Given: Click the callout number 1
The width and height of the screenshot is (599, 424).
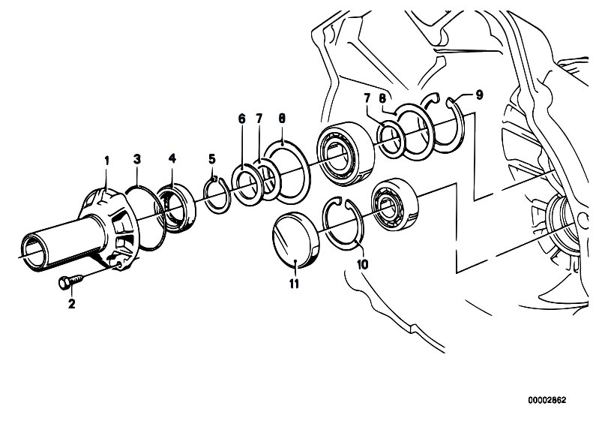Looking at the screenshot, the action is pos(107,161).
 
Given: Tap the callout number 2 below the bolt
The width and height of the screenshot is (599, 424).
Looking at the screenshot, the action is pos(71,304).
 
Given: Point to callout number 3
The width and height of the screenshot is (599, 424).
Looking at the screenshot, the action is pos(137,159).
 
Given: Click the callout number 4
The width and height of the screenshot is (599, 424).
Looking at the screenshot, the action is pos(172,158).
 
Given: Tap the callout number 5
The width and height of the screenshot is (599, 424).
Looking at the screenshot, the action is pos(212,158).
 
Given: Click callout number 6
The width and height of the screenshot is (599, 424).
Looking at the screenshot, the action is pos(242,119).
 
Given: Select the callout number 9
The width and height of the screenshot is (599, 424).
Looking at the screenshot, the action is pos(479,95).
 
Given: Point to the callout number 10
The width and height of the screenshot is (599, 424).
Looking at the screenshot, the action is pos(362,264).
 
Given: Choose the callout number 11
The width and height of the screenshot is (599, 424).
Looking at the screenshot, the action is pos(294,284).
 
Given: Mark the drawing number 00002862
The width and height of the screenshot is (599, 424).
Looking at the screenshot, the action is pos(547,400).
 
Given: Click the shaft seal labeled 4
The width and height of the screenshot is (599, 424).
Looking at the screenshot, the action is pos(175,208).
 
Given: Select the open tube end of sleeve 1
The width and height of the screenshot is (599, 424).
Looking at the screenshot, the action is pos(35,252).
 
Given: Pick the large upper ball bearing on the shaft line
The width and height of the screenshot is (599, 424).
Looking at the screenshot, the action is pos(346,154).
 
